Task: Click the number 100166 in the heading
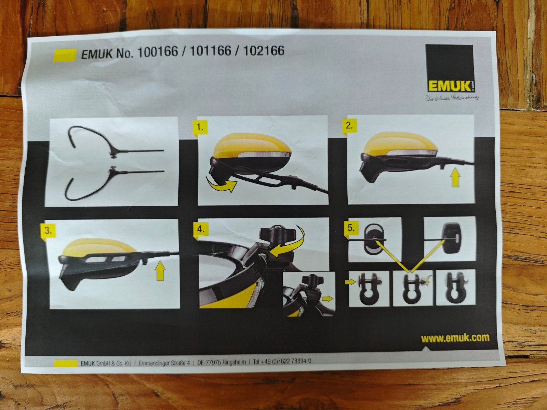(x=158, y=52)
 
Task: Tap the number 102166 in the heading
(x=264, y=51)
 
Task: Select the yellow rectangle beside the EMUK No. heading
(x=65, y=55)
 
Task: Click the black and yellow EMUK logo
(x=449, y=68)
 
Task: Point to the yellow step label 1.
(x=200, y=128)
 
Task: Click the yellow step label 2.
(x=349, y=126)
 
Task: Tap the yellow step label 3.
(x=48, y=231)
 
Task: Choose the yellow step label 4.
(x=201, y=229)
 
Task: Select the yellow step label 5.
(x=351, y=228)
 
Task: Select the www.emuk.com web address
(x=455, y=338)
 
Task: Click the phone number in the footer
(x=282, y=361)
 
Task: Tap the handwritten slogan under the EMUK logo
(x=452, y=98)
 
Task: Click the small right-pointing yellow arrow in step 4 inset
(x=327, y=298)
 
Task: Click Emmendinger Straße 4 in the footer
(x=164, y=363)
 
